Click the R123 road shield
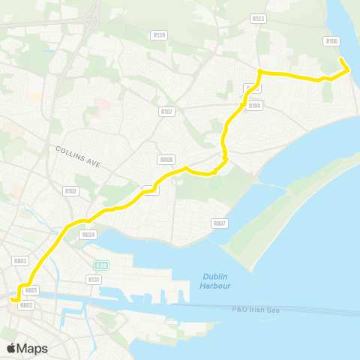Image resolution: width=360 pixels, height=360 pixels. point(259,19)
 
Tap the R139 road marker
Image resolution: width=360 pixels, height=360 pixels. point(160,34)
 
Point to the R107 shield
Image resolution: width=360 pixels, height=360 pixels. point(166,112)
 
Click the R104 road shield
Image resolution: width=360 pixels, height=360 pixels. point(255,106)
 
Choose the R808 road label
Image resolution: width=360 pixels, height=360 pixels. point(166,160)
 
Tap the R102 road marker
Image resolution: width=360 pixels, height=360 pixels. point(71,191)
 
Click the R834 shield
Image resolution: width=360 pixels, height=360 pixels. point(88,235)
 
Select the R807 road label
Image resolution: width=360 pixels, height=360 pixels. point(220,223)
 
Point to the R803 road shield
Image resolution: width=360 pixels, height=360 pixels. point(20,260)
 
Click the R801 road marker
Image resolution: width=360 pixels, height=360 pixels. point(31,290)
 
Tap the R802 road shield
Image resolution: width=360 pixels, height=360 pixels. point(26,305)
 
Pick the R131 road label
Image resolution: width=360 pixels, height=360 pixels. point(94,279)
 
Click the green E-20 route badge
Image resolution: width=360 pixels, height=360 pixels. point(100,265)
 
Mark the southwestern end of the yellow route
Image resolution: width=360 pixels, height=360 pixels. point(12,300)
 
